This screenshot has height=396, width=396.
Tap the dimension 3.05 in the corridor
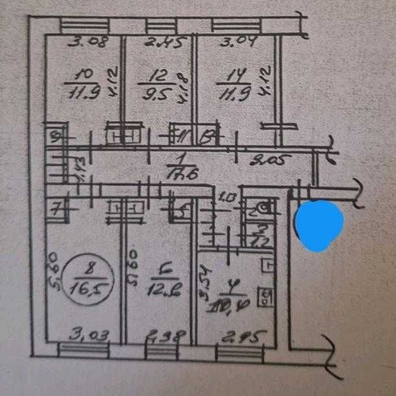[271, 158]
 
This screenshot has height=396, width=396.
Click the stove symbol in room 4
[265, 298]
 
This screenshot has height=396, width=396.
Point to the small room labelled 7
[56, 210]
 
